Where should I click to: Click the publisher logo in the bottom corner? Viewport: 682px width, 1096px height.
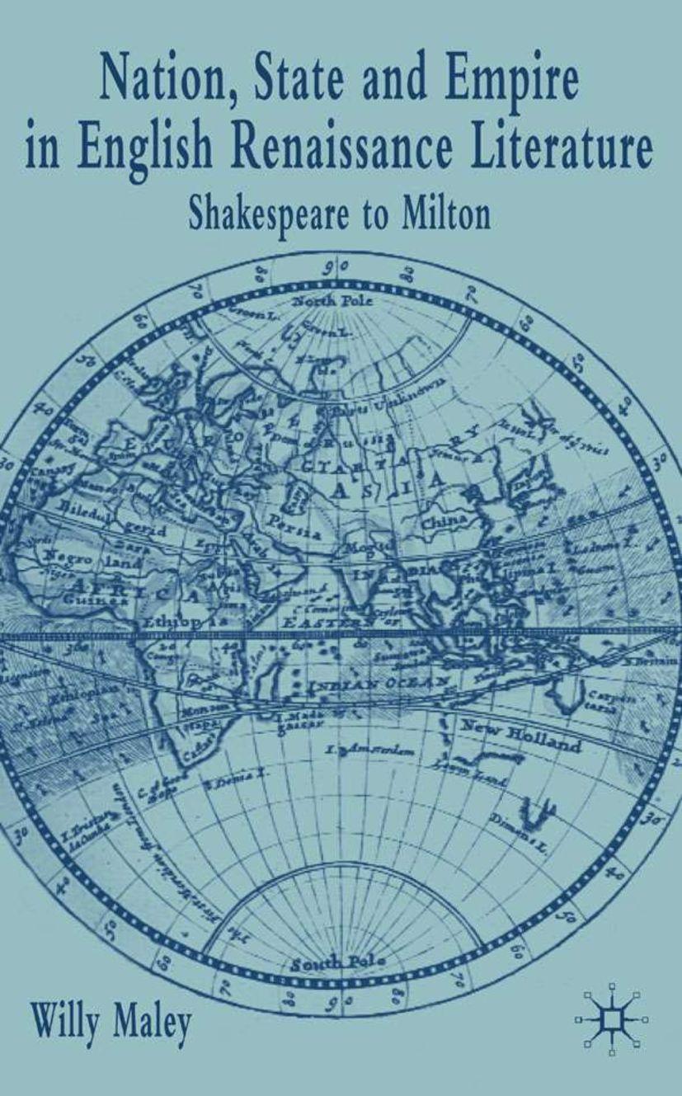click(x=611, y=1019)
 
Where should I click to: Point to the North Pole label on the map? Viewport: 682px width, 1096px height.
click(x=333, y=301)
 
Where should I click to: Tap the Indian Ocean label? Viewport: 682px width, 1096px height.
click(x=379, y=684)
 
